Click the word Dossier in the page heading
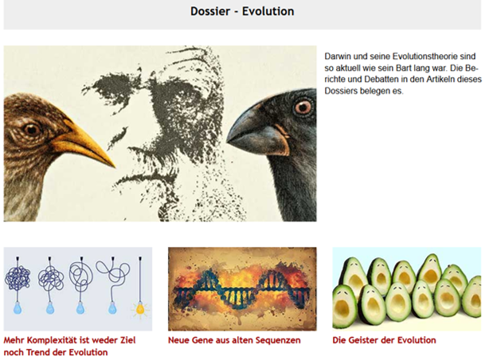pyautogui.click(x=210, y=11)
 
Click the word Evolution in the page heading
pyautogui.click(x=268, y=11)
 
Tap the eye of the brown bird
pyautogui.click(x=31, y=129)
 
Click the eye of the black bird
pyautogui.click(x=303, y=107)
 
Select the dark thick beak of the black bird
pyautogui.click(x=259, y=131)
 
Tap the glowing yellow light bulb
pyautogui.click(x=140, y=308)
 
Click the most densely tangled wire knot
pyautogui.click(x=18, y=278)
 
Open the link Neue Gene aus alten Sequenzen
pyautogui.click(x=234, y=340)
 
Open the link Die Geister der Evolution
pyautogui.click(x=384, y=340)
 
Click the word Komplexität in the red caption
pyautogui.click(x=54, y=340)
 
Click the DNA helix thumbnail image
pyautogui.click(x=242, y=289)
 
